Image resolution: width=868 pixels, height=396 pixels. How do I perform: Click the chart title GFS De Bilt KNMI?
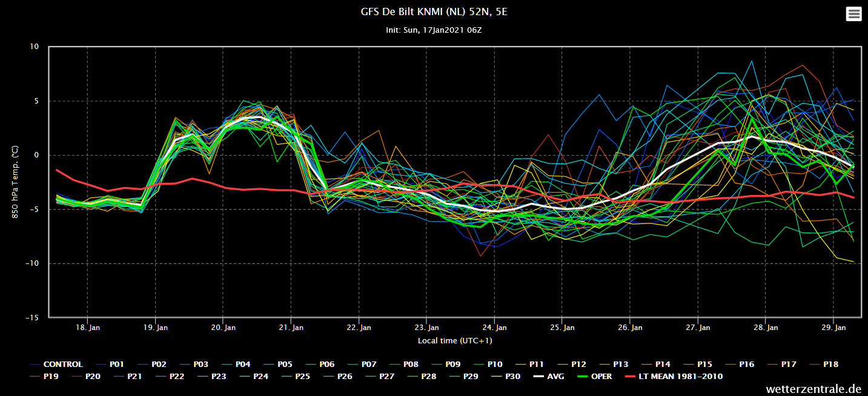tap(434, 12)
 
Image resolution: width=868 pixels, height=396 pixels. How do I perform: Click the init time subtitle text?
tap(434, 30)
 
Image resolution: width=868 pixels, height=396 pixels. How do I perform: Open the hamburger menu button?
tap(853, 14)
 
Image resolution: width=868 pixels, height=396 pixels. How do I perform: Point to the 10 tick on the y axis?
tap(35, 47)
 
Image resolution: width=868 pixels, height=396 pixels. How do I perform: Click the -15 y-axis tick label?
tap(32, 317)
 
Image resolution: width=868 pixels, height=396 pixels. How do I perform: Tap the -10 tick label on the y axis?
tap(32, 263)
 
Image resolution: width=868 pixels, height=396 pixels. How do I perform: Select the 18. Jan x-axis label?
tap(88, 328)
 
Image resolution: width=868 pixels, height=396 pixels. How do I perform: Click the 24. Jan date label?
tap(494, 328)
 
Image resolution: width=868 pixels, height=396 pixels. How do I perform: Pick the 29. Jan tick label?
tap(833, 328)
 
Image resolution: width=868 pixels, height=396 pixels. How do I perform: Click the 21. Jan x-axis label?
tap(291, 328)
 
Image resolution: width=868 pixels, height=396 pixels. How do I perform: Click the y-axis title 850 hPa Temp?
tap(15, 182)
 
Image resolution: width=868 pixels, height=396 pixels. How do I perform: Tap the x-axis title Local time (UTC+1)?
tap(455, 340)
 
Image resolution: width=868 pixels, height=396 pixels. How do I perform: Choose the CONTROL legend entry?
tap(56, 365)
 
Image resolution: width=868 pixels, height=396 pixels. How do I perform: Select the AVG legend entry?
tap(549, 376)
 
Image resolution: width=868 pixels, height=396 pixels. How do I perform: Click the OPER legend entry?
tap(595, 376)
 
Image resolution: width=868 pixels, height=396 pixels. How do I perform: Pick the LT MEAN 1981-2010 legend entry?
tap(674, 376)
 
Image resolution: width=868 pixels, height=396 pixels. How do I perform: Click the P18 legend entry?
tap(824, 365)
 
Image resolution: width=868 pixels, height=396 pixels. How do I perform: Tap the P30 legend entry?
tap(506, 376)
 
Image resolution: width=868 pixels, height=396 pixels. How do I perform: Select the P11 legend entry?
tap(530, 365)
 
